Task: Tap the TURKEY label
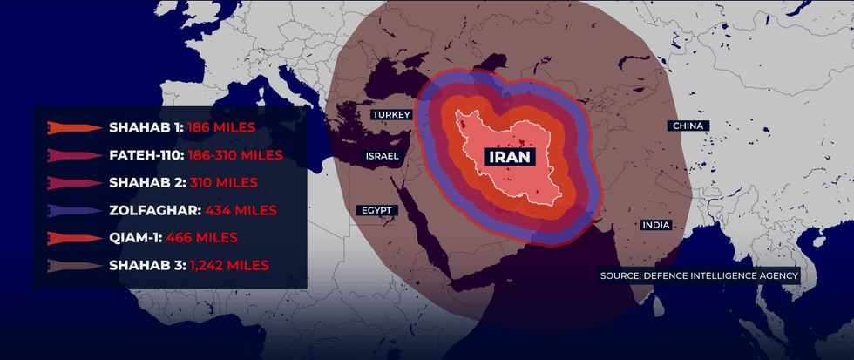point(390,115)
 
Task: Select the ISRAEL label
point(382,156)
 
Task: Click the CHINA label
point(688,126)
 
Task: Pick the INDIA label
point(656,225)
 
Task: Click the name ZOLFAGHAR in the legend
point(156,210)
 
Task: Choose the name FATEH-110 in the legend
point(146,155)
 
